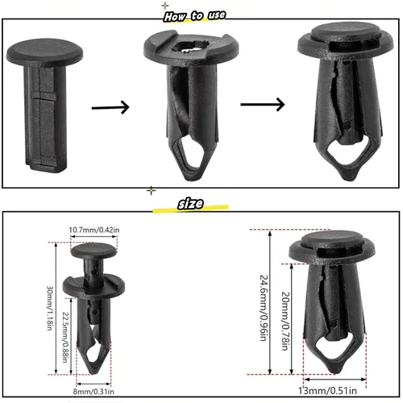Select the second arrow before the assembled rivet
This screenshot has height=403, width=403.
click(261, 103)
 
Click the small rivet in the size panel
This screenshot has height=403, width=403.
click(93, 306)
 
